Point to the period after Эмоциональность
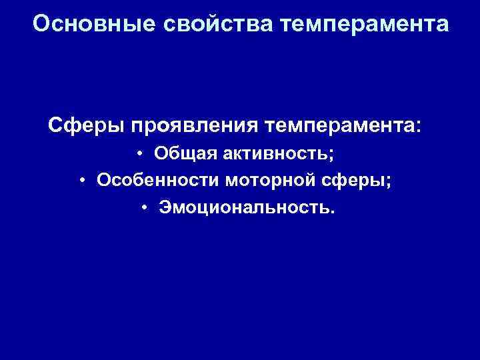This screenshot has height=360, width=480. pos(333,213)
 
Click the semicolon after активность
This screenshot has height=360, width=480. pos(331,156)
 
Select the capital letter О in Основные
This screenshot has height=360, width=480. pos(41,25)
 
